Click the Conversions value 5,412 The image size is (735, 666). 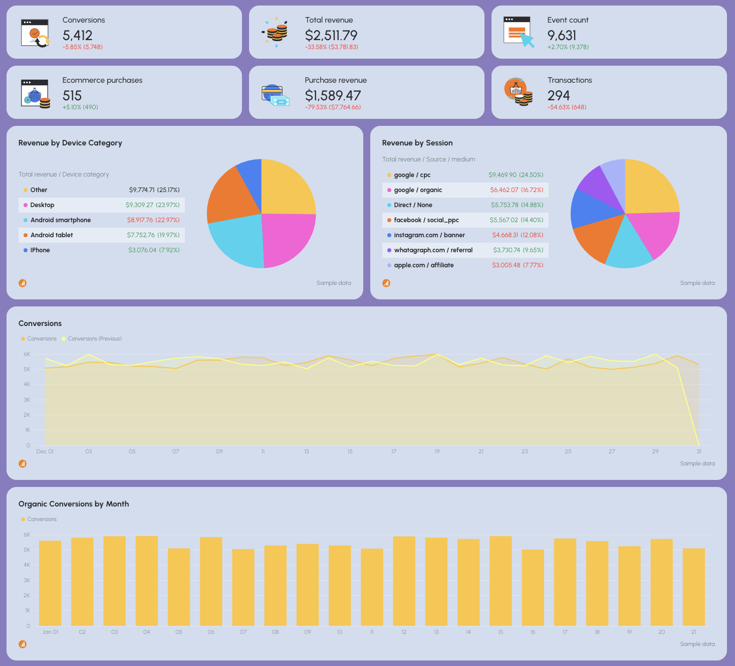point(77,36)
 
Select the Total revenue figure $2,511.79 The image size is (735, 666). point(331,36)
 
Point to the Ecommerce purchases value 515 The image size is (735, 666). point(72,96)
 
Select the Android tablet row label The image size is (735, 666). point(52,235)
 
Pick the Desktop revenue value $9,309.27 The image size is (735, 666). point(139,205)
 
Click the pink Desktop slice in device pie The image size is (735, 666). point(287,238)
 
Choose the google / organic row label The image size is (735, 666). point(418,190)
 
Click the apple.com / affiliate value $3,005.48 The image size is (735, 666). point(506,265)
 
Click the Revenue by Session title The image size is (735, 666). point(417,143)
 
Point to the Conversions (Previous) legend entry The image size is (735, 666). point(95,339)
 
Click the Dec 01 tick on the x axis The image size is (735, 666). point(45,452)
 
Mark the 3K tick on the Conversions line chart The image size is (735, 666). point(27,400)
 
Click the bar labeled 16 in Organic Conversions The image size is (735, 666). point(533,587)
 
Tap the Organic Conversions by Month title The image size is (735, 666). point(74,504)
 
